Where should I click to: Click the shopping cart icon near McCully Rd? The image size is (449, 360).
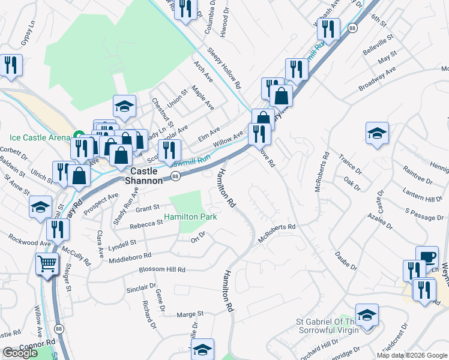(x=47, y=263)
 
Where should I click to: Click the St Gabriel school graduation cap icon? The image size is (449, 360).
(x=367, y=314)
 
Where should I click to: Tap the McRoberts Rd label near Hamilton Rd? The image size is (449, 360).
(x=277, y=231)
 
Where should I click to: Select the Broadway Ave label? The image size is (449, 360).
(x=378, y=79)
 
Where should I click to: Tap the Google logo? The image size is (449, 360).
(x=20, y=353)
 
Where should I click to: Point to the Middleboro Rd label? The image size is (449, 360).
(x=130, y=257)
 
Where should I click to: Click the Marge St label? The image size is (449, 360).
(x=191, y=314)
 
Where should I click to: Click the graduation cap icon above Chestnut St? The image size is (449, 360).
(x=124, y=107)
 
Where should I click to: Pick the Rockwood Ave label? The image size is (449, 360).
(x=29, y=244)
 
